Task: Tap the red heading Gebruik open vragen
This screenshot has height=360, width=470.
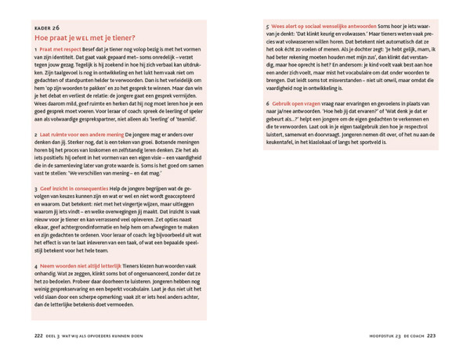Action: click(295, 103)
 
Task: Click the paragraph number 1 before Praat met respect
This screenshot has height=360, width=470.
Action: click(36, 49)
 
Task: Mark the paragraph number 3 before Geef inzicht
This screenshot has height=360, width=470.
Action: click(36, 189)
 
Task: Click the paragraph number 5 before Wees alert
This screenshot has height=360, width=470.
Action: click(267, 27)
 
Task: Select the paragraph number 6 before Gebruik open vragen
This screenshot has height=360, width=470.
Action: click(267, 103)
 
